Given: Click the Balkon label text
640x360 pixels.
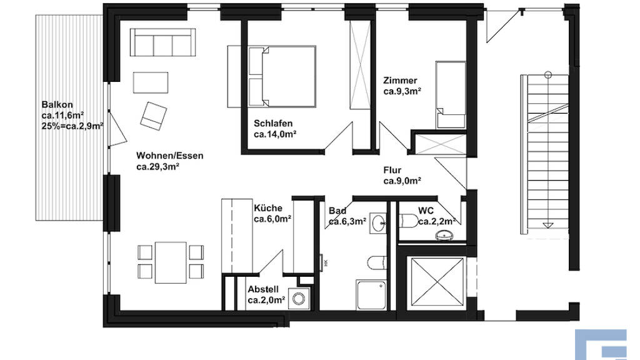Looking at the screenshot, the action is click(57, 104).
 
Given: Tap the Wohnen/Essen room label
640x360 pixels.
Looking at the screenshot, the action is click(170, 156).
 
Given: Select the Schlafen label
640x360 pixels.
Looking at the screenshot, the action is click(273, 123).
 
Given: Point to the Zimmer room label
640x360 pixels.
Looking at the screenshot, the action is click(400, 81).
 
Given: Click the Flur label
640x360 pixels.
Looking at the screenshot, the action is click(392, 170).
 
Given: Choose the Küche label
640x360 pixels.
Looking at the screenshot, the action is click(267, 208).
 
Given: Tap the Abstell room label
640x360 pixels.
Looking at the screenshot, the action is click(263, 289).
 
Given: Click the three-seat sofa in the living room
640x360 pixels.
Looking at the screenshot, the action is click(163, 42).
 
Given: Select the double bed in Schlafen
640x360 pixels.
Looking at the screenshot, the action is click(282, 77).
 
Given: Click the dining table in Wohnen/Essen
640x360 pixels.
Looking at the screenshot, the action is click(171, 262).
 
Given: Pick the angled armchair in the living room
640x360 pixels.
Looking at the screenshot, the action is click(154, 116).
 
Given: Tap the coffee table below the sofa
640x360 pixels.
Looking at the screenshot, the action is click(151, 82).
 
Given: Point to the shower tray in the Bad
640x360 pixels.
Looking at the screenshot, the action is click(371, 295).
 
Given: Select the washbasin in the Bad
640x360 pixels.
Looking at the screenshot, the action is click(378, 223).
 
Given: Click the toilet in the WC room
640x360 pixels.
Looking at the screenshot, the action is click(409, 221).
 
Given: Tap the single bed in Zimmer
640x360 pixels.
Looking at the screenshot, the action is click(451, 95).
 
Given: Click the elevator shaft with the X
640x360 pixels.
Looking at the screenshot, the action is click(437, 281).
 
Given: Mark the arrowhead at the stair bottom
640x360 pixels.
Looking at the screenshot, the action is click(548, 225).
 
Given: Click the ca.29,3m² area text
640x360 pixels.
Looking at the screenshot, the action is click(158, 166).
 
